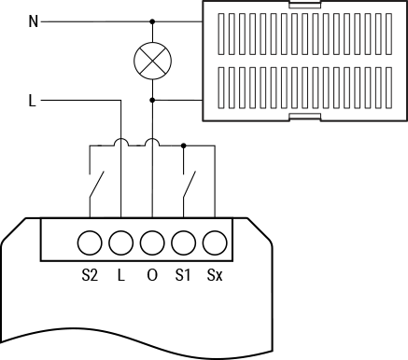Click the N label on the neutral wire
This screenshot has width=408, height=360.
(34, 21)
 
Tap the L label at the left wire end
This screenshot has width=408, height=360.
(33, 100)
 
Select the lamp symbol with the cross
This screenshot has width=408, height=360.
(152, 61)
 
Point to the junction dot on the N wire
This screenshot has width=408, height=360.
(152, 21)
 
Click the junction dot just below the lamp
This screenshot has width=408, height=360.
(152, 100)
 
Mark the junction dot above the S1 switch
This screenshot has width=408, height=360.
(184, 145)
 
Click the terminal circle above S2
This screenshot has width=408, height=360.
(89, 243)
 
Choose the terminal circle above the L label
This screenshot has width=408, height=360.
(120, 243)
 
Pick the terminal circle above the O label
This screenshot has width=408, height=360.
(152, 243)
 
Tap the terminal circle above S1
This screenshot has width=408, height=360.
(184, 243)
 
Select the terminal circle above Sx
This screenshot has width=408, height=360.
(216, 243)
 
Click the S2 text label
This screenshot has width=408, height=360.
(89, 276)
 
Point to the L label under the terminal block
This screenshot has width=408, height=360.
(120, 276)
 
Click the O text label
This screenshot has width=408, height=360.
(152, 276)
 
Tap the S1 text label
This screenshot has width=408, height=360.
(184, 276)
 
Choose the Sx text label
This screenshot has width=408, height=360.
(216, 276)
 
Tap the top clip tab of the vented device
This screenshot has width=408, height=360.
(307, 5)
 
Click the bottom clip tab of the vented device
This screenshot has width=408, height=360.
(307, 117)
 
